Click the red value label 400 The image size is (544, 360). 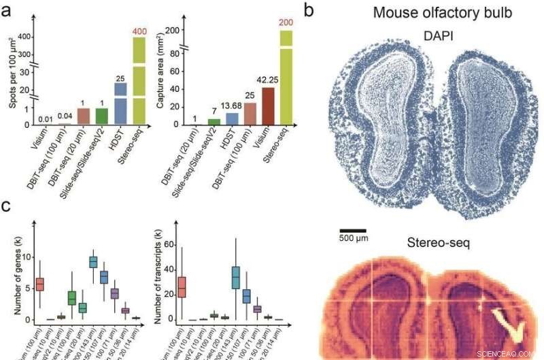(x=139, y=32)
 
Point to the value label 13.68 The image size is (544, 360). (x=233, y=106)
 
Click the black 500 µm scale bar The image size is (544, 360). (x=353, y=231)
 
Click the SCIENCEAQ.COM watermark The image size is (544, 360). (x=510, y=353)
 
